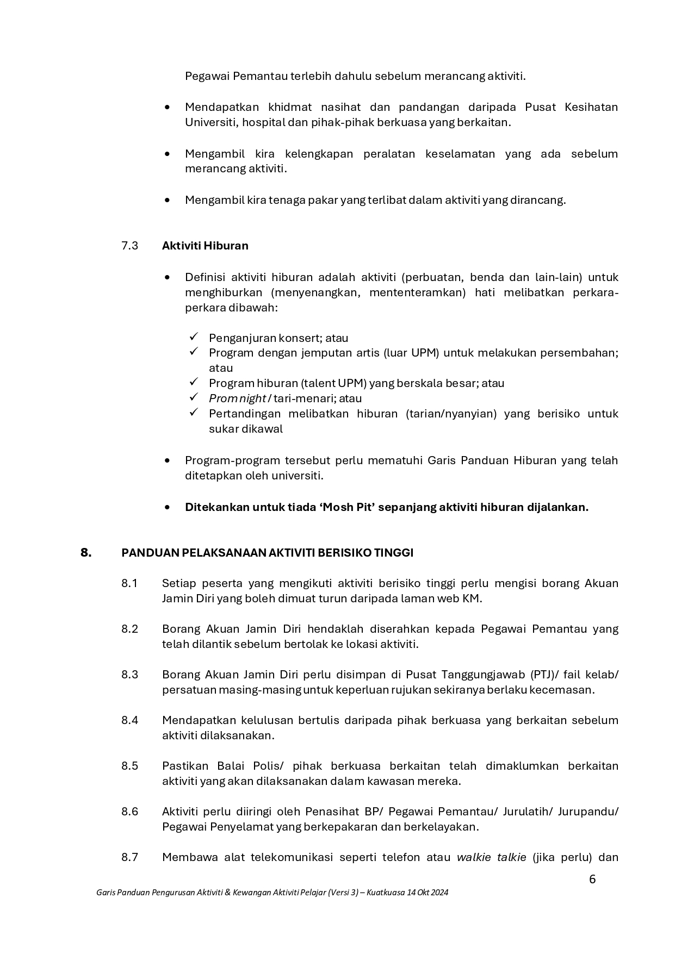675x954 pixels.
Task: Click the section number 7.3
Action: tap(129, 246)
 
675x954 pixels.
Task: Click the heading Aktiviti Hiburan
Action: tap(205, 246)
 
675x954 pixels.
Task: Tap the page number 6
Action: tap(592, 879)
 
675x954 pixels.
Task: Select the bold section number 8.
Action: tap(86, 553)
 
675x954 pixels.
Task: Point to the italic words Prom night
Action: tap(237, 398)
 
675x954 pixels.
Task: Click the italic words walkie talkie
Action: tap(491, 857)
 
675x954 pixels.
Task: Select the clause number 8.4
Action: tap(129, 720)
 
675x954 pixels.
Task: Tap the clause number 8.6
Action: tap(129, 812)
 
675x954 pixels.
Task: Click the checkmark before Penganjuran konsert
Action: tap(194, 337)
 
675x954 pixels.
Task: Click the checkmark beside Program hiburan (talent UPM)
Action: tap(194, 383)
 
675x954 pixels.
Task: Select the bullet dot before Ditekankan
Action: tap(168, 507)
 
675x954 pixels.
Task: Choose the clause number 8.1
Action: tap(129, 583)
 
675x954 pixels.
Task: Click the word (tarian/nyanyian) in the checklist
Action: tap(451, 414)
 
